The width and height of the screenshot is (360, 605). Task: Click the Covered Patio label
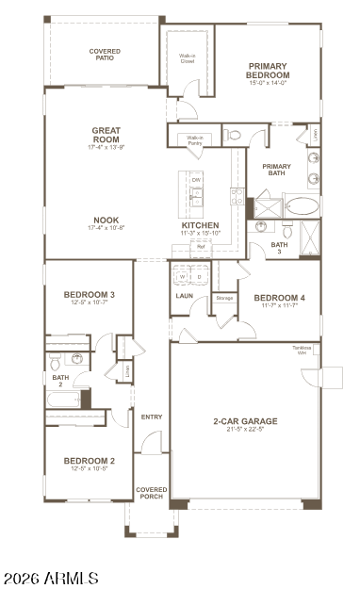pos(104,55)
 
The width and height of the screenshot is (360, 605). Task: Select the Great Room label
pos(106,136)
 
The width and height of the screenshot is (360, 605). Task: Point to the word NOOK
pos(106,220)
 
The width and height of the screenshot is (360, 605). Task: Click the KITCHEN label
pos(200,226)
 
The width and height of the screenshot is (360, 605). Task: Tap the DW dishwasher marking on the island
pos(197,179)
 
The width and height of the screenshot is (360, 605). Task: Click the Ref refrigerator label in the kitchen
pos(201,247)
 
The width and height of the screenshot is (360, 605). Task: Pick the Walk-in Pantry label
pos(195,140)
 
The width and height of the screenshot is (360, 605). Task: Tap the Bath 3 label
pos(279,247)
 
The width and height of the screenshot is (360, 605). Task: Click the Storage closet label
pos(224,298)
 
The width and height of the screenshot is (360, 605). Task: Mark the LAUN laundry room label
pos(185,296)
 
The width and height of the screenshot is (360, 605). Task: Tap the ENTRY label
pos(152,417)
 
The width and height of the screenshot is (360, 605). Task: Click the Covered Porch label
pos(152,493)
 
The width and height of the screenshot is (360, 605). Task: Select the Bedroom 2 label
pos(90,461)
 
